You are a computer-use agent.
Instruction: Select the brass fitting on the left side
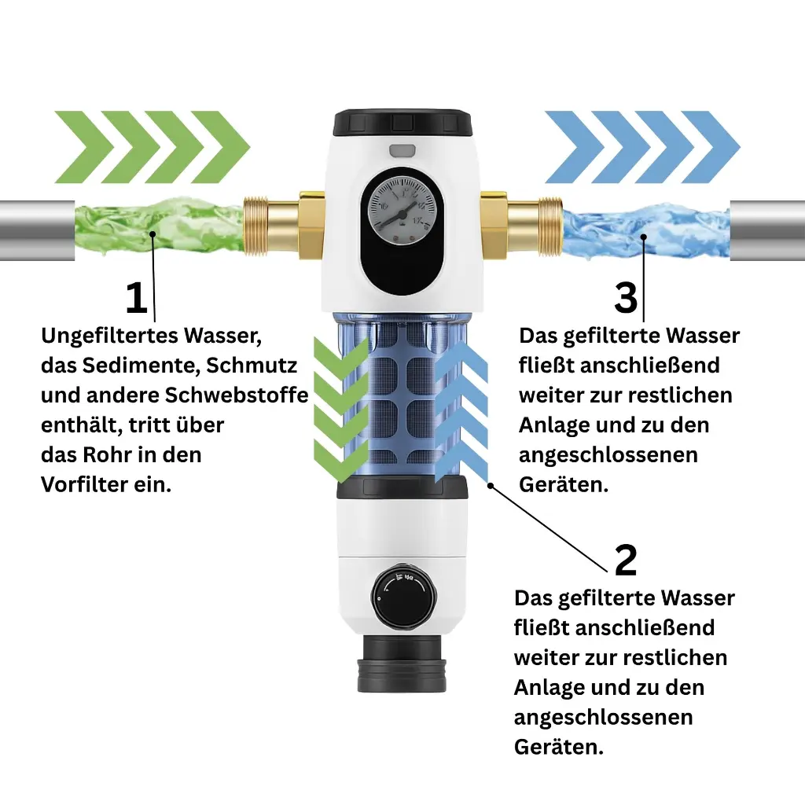pyautogui.click(x=271, y=227)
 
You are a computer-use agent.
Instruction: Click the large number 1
pyautogui.click(x=136, y=300)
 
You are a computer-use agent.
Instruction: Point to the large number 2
pyautogui.click(x=625, y=561)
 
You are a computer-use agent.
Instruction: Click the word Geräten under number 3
pyautogui.click(x=563, y=485)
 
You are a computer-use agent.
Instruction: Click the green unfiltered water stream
pyautogui.click(x=157, y=228)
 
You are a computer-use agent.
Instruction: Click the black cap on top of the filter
pyautogui.click(x=402, y=123)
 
